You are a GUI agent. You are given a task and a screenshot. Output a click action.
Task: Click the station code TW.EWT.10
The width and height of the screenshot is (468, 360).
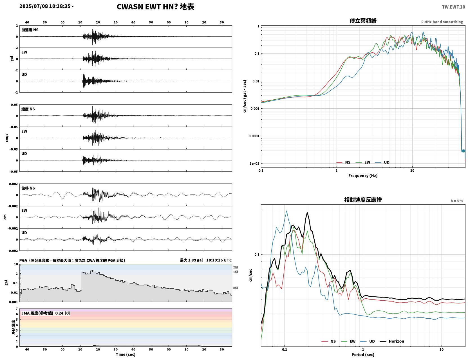453,7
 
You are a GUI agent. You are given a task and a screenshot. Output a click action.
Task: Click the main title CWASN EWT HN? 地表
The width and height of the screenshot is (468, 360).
155,7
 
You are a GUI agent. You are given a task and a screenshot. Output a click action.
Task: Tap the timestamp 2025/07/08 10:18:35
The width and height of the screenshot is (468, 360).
45,6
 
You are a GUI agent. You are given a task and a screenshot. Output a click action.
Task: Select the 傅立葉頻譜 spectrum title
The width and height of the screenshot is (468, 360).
363,21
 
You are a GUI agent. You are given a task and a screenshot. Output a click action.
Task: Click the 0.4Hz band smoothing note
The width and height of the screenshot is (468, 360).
442,22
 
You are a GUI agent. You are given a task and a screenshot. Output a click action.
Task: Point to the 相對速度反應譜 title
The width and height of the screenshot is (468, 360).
363,200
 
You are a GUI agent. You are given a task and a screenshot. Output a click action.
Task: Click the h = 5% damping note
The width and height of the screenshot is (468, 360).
456,201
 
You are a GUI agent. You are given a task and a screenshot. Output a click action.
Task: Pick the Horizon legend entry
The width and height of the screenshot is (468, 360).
392,341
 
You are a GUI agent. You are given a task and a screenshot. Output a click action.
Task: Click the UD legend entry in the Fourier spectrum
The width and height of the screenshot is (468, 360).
382,162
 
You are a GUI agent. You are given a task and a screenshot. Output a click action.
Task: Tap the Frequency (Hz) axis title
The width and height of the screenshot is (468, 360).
363,176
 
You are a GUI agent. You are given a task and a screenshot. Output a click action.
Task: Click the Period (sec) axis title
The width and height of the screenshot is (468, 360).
363,355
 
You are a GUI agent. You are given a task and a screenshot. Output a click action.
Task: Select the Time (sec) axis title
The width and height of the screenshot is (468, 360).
126,354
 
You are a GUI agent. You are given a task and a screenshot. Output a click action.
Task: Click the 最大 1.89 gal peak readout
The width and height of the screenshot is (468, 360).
191,260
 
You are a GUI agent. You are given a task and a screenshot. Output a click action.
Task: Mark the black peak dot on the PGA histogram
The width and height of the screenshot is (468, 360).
93,271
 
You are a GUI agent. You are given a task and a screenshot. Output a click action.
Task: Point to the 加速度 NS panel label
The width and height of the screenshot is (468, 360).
30,30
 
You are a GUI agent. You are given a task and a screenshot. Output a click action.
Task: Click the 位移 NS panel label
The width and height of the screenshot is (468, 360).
28,188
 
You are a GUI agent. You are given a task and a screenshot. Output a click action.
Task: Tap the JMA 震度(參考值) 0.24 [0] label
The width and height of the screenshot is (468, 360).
45,313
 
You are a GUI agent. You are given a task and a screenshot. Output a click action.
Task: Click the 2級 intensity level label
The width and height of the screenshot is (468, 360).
236,267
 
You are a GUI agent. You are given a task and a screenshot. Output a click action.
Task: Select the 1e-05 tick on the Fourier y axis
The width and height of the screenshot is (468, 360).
254,164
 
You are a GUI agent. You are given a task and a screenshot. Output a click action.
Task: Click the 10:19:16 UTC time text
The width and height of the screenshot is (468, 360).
219,260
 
